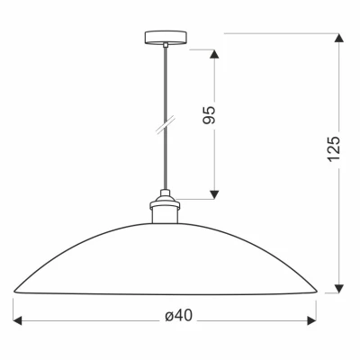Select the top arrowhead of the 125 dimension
[x=338, y=40]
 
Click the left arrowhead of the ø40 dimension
[x=17, y=320]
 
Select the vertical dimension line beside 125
[x=338, y=216]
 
